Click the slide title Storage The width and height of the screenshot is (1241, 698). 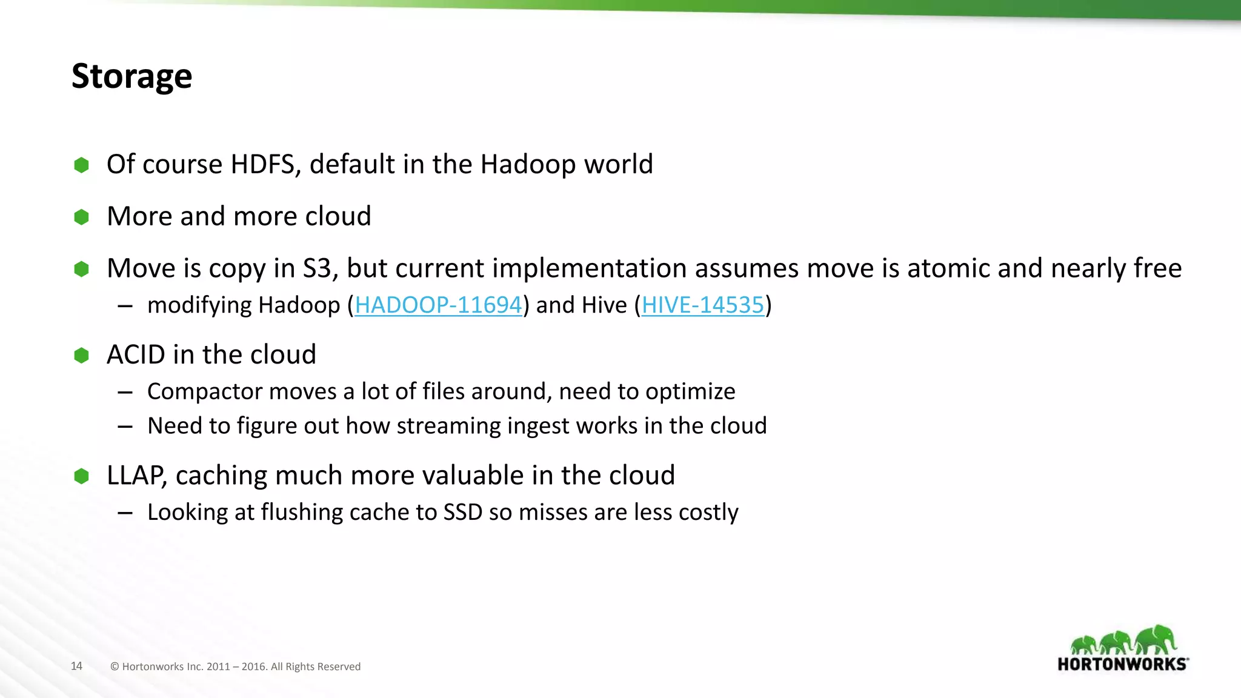131,76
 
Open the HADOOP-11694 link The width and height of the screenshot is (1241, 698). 438,305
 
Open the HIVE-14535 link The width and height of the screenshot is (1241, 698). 703,305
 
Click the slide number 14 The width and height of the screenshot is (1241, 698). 76,666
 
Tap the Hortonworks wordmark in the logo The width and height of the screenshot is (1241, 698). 1122,664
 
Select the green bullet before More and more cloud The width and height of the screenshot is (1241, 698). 81,217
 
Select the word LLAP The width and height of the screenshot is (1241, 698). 136,476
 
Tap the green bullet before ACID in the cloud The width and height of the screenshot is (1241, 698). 81,355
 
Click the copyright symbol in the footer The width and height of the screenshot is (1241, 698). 115,666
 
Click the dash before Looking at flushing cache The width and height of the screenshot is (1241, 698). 125,513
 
